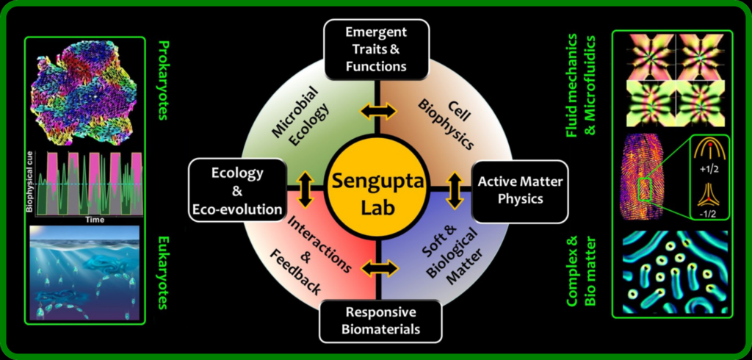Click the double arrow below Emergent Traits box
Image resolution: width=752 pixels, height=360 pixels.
376,112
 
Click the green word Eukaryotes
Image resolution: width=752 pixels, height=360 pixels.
162,272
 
